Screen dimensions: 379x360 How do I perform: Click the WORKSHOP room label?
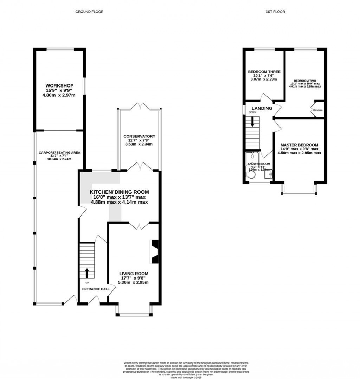coord(59,85)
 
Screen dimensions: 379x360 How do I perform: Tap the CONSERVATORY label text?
coord(139,136)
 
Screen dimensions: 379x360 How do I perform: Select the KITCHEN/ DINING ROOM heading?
coord(119,192)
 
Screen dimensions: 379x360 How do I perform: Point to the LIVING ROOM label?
coord(134,274)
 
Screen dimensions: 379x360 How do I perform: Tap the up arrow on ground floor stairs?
coord(87,273)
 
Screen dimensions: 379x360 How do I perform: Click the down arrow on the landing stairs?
coord(252,122)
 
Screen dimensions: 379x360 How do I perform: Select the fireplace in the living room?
coord(155,252)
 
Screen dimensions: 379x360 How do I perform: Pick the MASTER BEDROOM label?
coord(299,145)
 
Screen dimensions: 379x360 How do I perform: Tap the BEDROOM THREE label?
coord(264,72)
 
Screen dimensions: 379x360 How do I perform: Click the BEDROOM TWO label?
coord(305,81)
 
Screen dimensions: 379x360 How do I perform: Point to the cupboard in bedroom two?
coord(319,109)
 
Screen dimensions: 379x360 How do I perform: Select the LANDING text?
coord(262,108)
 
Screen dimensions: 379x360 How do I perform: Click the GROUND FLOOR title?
coord(89,12)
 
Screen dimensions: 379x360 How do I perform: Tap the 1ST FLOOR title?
coord(275,12)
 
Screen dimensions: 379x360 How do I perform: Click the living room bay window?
coord(134,314)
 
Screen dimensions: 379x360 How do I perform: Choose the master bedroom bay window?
coord(299,193)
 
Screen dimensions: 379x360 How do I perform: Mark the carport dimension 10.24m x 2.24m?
coord(59,159)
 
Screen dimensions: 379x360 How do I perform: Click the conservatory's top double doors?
coord(140,106)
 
